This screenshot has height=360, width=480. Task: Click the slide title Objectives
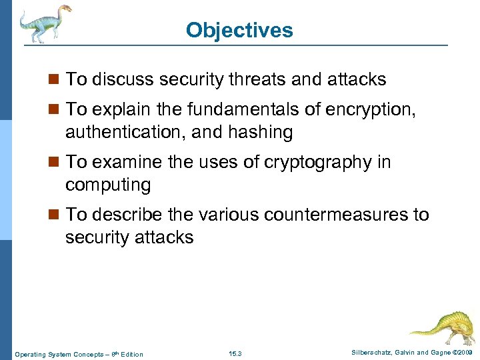239,30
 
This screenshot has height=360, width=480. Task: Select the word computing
108,184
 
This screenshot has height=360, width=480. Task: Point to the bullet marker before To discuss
57,80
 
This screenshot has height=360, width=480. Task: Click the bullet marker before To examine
57,163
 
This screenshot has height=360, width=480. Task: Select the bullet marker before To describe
57,215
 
